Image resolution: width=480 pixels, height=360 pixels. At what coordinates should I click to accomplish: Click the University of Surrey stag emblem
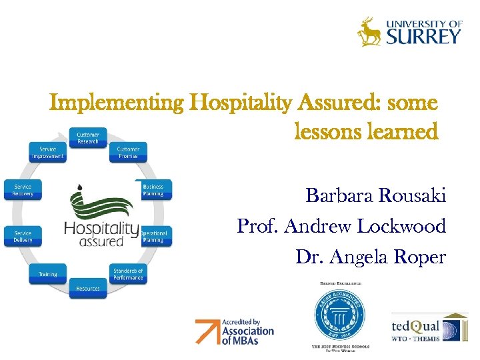click(369, 31)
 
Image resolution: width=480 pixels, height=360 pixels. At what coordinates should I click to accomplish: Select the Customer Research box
click(87, 139)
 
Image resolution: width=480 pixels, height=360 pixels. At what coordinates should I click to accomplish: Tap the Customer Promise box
click(128, 153)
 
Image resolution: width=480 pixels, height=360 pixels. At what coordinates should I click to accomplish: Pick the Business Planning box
click(153, 190)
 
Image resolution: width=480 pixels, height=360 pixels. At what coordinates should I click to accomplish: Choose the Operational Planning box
click(154, 237)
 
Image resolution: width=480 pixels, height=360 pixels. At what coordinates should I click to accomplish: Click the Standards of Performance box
click(128, 274)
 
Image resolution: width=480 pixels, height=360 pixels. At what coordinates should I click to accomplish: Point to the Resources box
click(87, 289)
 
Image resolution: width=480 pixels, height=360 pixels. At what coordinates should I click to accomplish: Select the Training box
click(47, 274)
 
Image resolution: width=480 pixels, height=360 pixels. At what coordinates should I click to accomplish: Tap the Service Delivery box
click(23, 237)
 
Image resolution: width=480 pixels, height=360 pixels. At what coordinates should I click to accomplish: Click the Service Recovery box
click(23, 190)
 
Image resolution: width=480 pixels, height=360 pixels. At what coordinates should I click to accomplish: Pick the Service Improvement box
click(47, 153)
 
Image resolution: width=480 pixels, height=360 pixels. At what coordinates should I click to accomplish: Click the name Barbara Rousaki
click(375, 196)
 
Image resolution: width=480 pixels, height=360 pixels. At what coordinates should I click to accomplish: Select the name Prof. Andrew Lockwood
click(341, 227)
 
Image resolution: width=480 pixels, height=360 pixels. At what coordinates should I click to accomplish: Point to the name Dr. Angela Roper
click(371, 257)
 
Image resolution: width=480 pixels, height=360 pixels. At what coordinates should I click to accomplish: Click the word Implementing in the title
click(117, 103)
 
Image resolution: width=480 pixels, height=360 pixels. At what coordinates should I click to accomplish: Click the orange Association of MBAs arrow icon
click(207, 331)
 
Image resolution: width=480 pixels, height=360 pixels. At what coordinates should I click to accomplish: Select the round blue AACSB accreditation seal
click(340, 313)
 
